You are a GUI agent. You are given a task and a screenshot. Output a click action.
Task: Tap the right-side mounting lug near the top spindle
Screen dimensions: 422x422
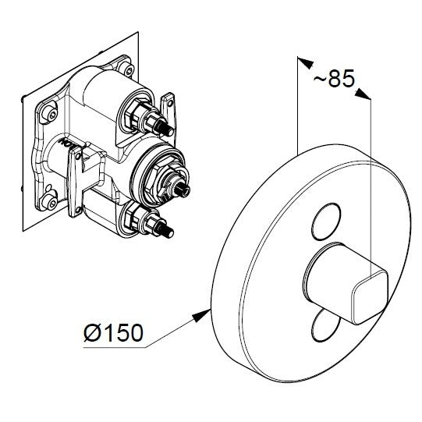pos(167,105)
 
